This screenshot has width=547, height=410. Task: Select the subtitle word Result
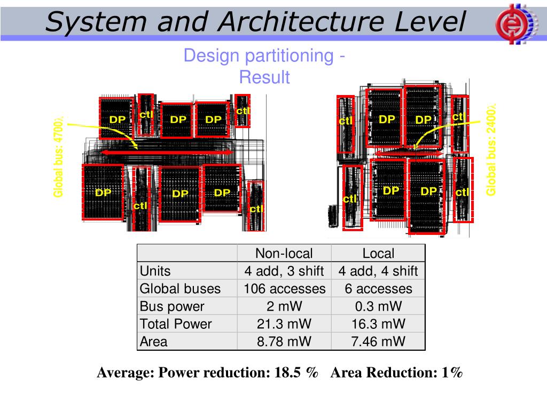point(264,77)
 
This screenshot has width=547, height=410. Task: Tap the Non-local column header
point(284,254)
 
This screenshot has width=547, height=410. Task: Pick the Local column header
point(378,254)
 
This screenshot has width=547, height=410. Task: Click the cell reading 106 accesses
point(284,289)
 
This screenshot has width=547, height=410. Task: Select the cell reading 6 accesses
point(378,289)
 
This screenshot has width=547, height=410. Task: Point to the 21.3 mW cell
point(284,324)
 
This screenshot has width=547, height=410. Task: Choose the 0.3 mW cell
point(378,306)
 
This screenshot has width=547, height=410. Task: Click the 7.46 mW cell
point(378,342)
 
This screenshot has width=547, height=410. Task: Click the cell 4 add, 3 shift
point(284,271)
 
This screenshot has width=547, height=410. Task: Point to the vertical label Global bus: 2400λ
point(491,149)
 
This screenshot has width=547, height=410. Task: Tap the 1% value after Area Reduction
point(452,373)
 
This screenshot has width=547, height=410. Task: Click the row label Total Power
point(176,324)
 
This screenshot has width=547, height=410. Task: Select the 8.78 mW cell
point(284,342)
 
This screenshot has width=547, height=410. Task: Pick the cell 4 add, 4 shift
point(378,271)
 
